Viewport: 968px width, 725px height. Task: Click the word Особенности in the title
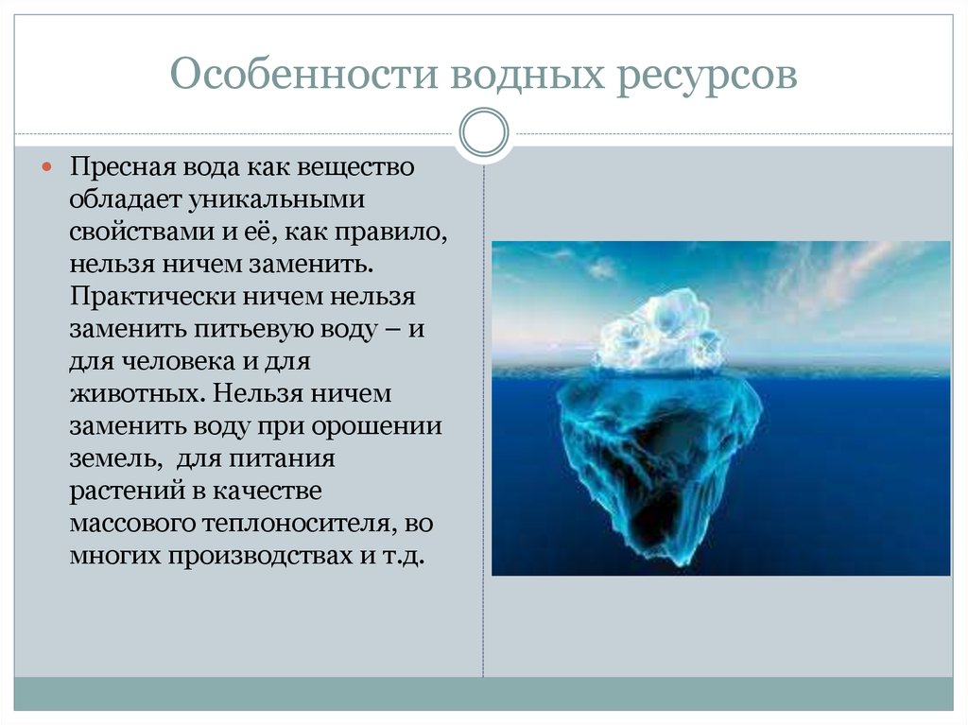tap(303, 75)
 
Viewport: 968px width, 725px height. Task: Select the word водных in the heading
tap(527, 75)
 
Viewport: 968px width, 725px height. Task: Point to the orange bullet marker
tap(47, 166)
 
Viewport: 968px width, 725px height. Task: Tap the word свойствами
tap(142, 233)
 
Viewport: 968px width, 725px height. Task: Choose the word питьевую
tap(253, 329)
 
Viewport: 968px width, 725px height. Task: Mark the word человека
tap(179, 361)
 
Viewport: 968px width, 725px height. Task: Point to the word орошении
tap(376, 426)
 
